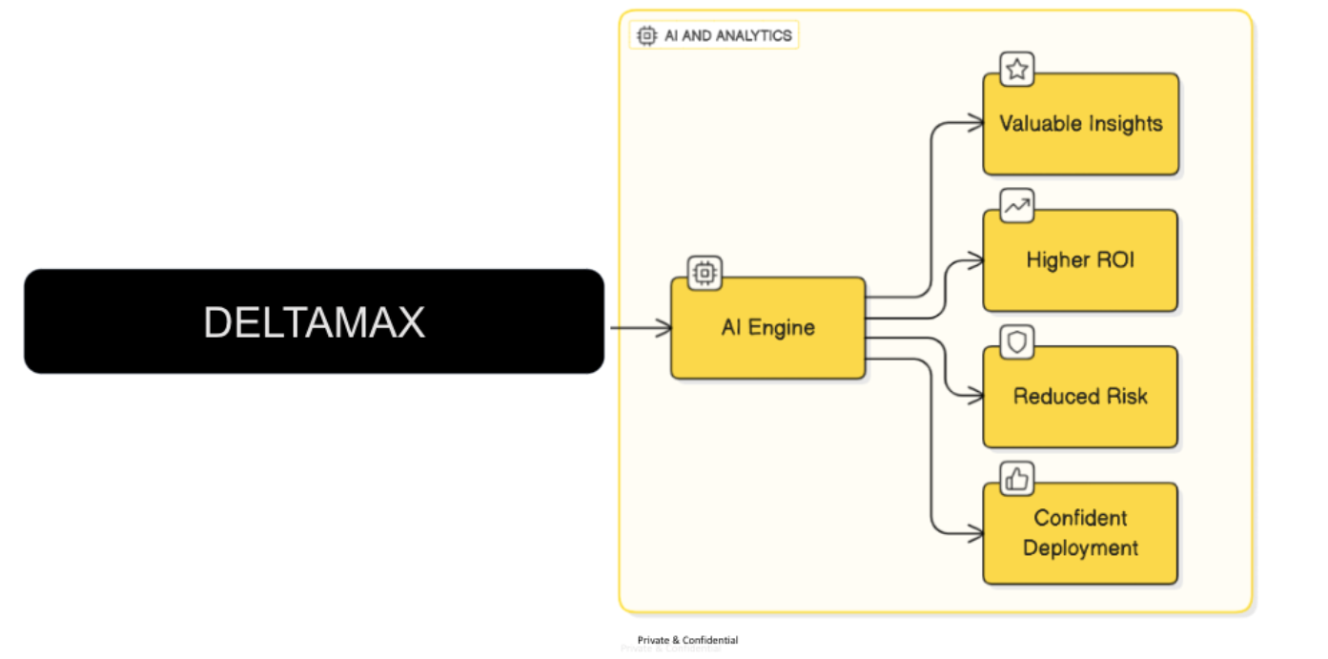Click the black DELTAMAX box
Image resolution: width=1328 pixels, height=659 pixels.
314,321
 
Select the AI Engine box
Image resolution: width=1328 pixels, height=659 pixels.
767,328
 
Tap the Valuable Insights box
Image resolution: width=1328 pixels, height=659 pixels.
1080,124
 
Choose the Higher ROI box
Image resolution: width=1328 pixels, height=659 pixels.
1080,260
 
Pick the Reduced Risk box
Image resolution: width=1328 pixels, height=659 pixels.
1080,397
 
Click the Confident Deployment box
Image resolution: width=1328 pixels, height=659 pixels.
1080,533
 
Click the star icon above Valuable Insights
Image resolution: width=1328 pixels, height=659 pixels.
1017,69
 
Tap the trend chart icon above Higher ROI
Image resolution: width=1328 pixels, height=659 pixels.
1017,205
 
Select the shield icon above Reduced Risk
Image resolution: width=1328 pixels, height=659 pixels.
1017,342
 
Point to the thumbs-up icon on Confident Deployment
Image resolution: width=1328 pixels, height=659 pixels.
1017,479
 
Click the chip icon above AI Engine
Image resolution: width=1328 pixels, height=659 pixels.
705,273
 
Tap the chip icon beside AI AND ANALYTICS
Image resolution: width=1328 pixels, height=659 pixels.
646,36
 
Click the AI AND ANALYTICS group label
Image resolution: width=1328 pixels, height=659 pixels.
728,36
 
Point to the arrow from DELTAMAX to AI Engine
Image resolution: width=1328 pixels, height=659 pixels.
640,328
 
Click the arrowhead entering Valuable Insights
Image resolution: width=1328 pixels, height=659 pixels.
975,122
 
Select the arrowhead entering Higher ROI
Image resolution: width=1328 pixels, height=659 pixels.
975,257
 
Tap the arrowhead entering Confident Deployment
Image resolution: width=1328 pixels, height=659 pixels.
975,534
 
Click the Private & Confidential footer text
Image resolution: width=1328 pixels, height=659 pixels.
687,640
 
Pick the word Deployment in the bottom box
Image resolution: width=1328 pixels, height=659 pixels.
1080,548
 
